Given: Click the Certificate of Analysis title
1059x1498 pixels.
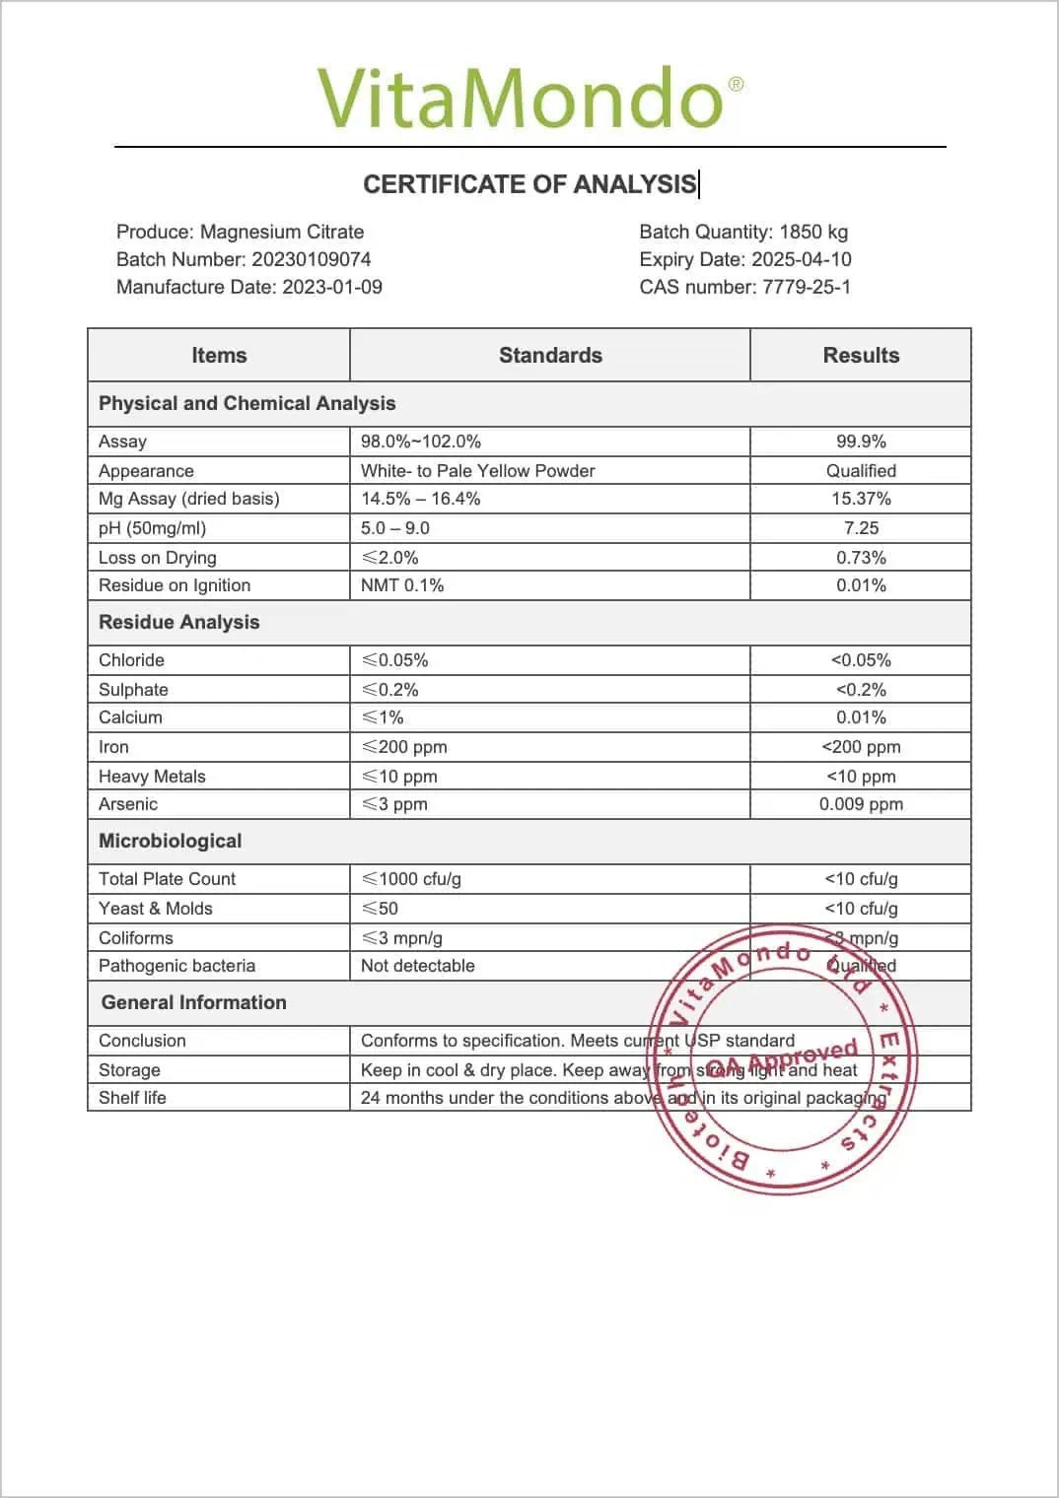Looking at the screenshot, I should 529,184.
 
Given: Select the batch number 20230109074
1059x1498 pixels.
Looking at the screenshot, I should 311,259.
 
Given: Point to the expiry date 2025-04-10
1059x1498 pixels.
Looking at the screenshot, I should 801,259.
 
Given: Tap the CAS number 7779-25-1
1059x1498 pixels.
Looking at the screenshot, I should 806,287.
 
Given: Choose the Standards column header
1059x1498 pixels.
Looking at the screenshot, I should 550,355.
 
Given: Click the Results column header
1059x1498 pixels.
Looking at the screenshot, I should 861,355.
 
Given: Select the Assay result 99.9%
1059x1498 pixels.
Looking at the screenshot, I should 861,442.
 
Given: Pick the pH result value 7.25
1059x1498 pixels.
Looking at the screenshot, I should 861,528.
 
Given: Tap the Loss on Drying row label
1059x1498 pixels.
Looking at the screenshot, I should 158,558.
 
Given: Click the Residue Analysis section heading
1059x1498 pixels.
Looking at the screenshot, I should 179,622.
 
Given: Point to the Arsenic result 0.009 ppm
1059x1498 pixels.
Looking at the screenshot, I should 861,804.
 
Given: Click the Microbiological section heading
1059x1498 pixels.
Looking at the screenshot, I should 171,841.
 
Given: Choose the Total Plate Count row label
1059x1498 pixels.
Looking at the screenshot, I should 168,879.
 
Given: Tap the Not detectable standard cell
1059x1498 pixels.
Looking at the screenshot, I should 418,966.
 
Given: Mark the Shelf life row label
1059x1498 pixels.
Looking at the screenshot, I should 133,1098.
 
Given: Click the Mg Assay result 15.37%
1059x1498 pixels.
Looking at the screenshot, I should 861,499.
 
